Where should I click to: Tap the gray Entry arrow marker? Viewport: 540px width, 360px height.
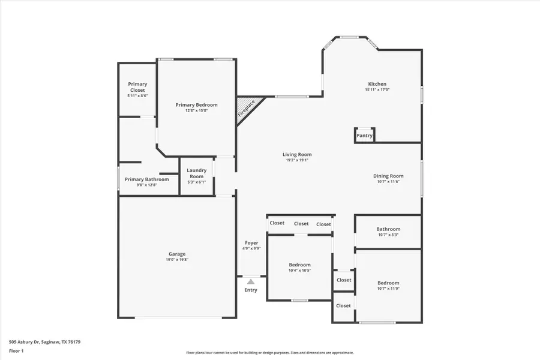(251, 281)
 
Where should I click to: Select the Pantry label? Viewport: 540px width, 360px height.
(364, 136)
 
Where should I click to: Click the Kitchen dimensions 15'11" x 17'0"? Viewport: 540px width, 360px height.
(377, 89)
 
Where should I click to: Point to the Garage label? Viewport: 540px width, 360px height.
(177, 254)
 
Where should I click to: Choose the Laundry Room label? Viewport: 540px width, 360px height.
(197, 173)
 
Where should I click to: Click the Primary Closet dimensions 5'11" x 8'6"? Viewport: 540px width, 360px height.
(137, 96)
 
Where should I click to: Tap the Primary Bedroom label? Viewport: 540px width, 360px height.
(196, 105)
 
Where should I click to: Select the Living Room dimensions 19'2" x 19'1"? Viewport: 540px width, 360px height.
(297, 160)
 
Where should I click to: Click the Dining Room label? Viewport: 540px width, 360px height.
(388, 176)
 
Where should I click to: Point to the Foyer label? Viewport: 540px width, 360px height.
(251, 243)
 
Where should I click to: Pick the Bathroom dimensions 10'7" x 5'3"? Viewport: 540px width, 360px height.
(388, 235)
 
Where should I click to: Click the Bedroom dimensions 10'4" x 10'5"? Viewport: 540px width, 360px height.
(299, 271)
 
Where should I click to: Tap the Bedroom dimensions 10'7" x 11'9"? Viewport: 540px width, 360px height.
(388, 289)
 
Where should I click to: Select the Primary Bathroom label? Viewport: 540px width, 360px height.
(147, 179)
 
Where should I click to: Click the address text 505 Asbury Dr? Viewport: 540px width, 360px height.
(24, 342)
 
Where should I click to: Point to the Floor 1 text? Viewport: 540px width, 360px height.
(16, 351)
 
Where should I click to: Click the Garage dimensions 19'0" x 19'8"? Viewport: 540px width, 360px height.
(177, 260)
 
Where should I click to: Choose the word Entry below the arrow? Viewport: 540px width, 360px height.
(251, 290)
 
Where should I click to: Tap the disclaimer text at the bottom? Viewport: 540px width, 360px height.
(269, 353)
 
